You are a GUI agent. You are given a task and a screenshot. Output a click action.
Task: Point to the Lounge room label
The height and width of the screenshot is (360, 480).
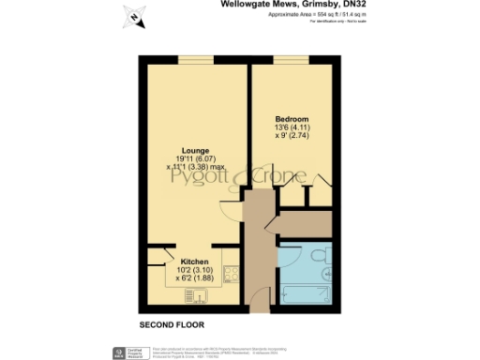point(195,151)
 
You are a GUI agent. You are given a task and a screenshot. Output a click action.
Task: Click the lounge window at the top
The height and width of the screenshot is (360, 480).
point(195,63)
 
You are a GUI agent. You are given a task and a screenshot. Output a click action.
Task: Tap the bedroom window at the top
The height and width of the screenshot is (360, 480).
point(286,63)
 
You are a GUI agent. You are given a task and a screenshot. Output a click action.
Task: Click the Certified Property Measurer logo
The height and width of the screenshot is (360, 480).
point(120,352)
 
